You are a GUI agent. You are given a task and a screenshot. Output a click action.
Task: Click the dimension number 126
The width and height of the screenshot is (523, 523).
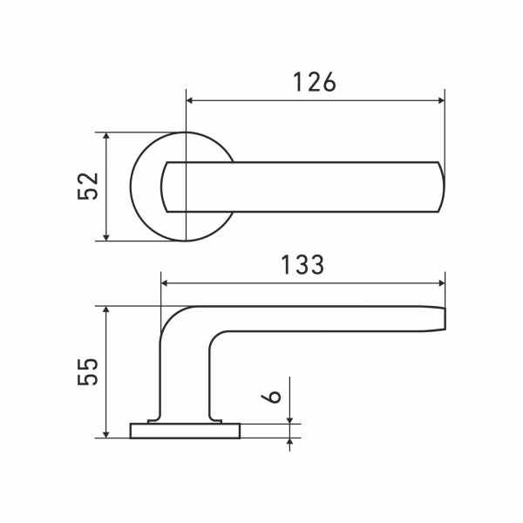click(x=315, y=82)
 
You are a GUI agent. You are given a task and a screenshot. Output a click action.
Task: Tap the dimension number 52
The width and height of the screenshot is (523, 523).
click(x=88, y=187)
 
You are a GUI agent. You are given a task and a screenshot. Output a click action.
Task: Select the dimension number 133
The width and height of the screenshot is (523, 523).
click(x=302, y=265)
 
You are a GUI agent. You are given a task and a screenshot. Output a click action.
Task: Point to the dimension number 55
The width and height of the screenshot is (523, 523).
click(x=88, y=371)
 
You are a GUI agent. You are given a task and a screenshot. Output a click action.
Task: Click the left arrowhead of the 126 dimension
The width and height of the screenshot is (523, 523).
click(x=189, y=100)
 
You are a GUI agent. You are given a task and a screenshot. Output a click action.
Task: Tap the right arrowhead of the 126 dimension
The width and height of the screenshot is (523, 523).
click(x=441, y=100)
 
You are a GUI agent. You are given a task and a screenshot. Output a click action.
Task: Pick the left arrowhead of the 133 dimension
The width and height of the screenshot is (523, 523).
click(x=165, y=283)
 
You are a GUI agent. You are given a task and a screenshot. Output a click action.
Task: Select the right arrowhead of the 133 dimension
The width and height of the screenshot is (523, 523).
click(x=442, y=283)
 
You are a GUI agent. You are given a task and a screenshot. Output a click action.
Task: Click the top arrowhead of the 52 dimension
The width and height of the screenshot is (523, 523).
click(x=106, y=136)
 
